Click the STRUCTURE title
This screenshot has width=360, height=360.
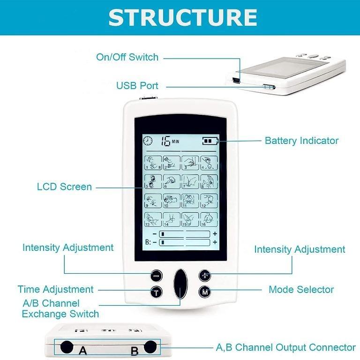[x=183, y=17]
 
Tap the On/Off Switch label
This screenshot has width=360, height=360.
[x=127, y=57]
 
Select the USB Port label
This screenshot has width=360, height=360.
[x=137, y=86]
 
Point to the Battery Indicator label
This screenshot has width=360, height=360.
[x=301, y=140]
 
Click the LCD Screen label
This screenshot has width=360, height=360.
[x=64, y=187]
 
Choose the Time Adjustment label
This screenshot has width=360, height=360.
[x=56, y=289]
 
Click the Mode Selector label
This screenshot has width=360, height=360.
[x=301, y=289]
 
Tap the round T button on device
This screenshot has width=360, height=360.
[x=157, y=292]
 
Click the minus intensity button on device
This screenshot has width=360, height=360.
[x=157, y=276]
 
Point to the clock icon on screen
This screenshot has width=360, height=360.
[x=148, y=141]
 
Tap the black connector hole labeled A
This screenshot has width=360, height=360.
[x=67, y=347]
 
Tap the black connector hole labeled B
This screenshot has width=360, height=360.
[x=150, y=347]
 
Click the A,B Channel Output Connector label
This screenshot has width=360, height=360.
[x=285, y=347]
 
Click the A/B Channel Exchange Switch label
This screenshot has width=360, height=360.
[x=60, y=308]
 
